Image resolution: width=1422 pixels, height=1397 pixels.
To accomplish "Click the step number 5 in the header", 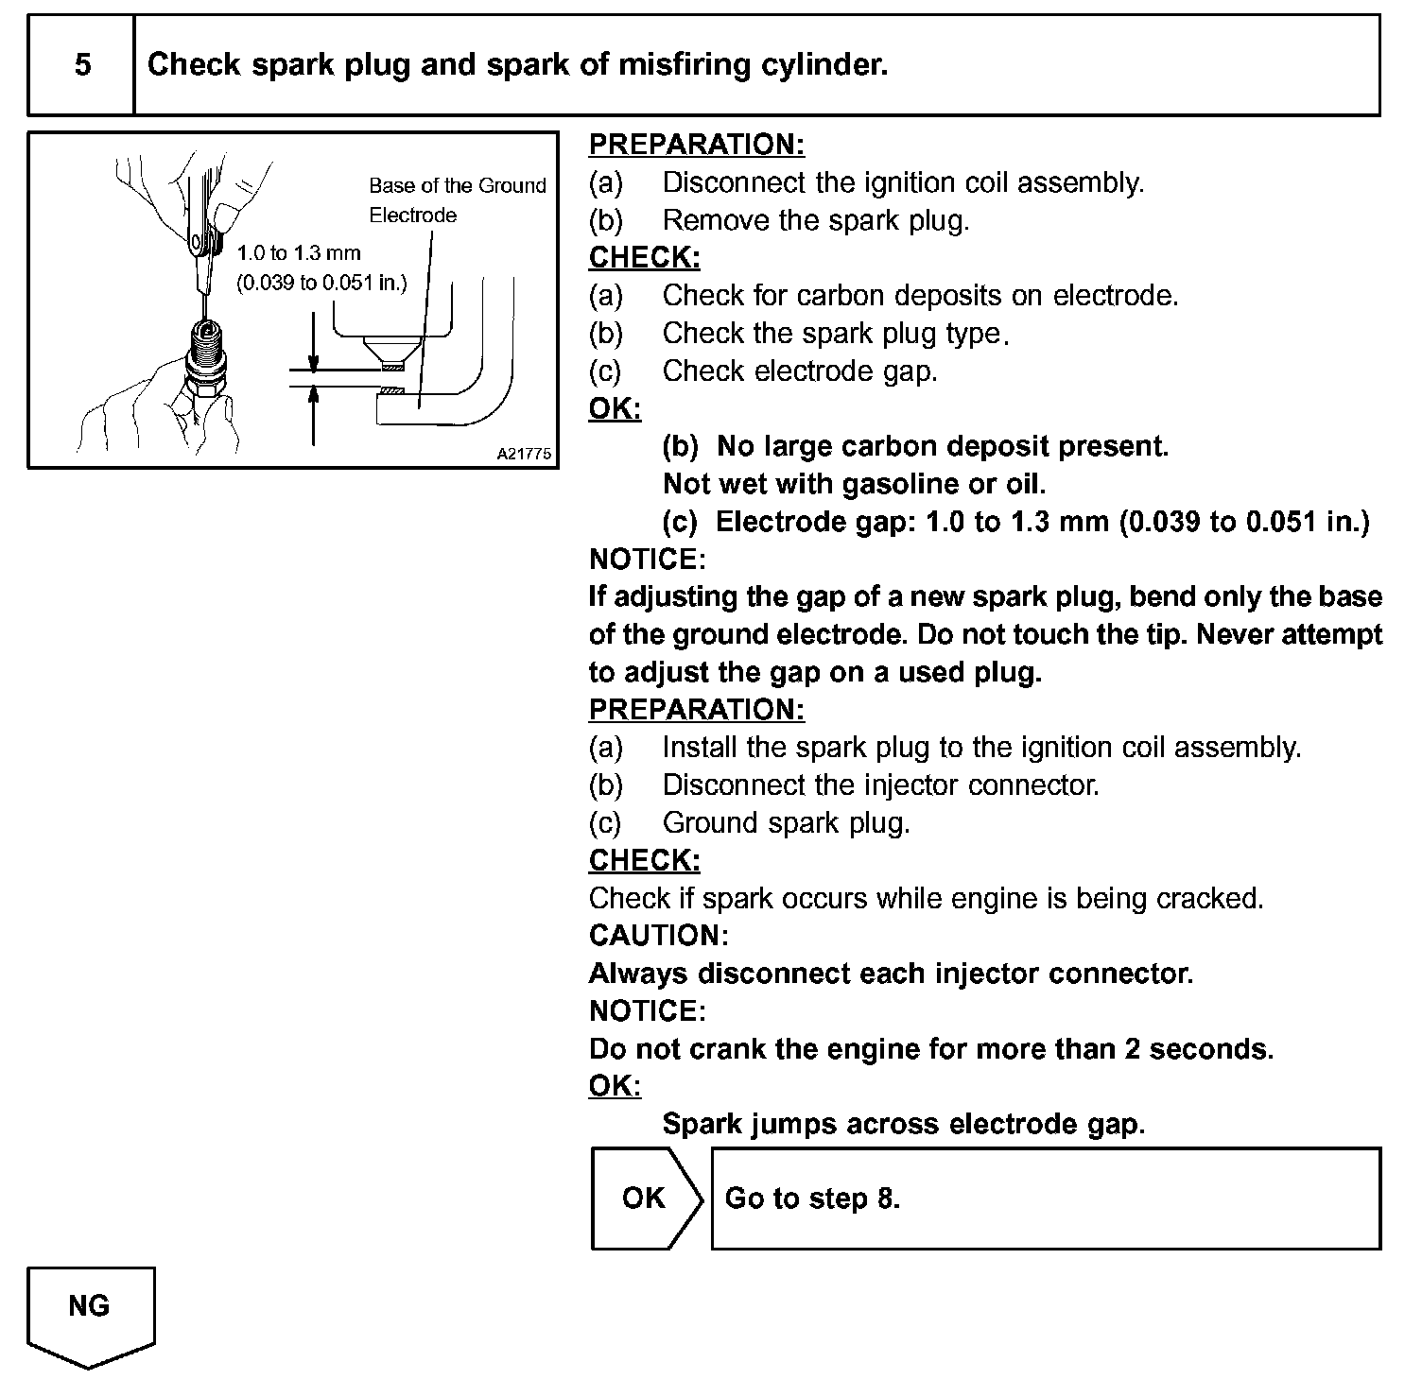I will [82, 65].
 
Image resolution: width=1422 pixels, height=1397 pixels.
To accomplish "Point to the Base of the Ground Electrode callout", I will [458, 200].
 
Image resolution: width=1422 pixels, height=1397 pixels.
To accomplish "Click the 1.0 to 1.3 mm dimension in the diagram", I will [299, 253].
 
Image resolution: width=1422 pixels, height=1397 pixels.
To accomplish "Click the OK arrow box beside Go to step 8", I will [646, 1198].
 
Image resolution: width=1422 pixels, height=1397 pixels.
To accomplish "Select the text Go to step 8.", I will [812, 1199].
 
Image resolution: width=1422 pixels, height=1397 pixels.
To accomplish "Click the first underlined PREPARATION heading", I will [696, 145].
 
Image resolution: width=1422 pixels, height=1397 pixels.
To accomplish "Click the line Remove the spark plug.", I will [815, 220].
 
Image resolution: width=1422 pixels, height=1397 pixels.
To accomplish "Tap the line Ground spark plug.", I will [786, 823].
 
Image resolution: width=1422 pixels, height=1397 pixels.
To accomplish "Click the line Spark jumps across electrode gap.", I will [903, 1124].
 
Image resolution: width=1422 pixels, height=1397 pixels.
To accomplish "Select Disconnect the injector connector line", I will [880, 785].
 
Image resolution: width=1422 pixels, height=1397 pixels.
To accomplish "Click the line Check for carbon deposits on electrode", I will [920, 296].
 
